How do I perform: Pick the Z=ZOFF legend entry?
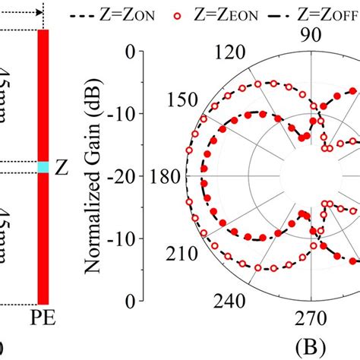tap(319, 14)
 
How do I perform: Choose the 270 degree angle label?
tap(308, 317)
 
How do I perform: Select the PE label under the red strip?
tap(44, 315)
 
